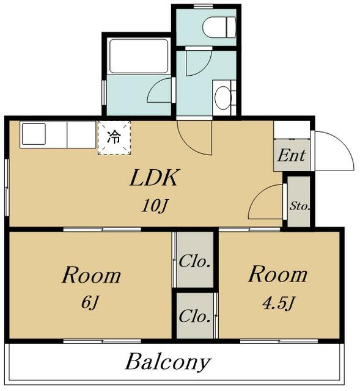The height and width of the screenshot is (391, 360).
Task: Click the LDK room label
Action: tap(153, 178)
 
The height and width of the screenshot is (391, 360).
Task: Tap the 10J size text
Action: tap(155, 206)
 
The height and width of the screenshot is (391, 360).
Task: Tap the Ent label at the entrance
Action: tap(292, 155)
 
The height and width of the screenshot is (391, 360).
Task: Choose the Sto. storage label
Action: tap(299, 206)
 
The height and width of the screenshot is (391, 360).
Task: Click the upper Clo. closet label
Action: tap(195, 262)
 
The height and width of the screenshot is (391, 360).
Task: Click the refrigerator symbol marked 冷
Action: tap(114, 137)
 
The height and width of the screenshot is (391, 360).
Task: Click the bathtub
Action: tap(139, 56)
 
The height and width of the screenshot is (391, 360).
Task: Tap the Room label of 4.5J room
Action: tap(277, 274)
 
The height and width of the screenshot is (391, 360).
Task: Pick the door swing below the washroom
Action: tap(194, 136)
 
